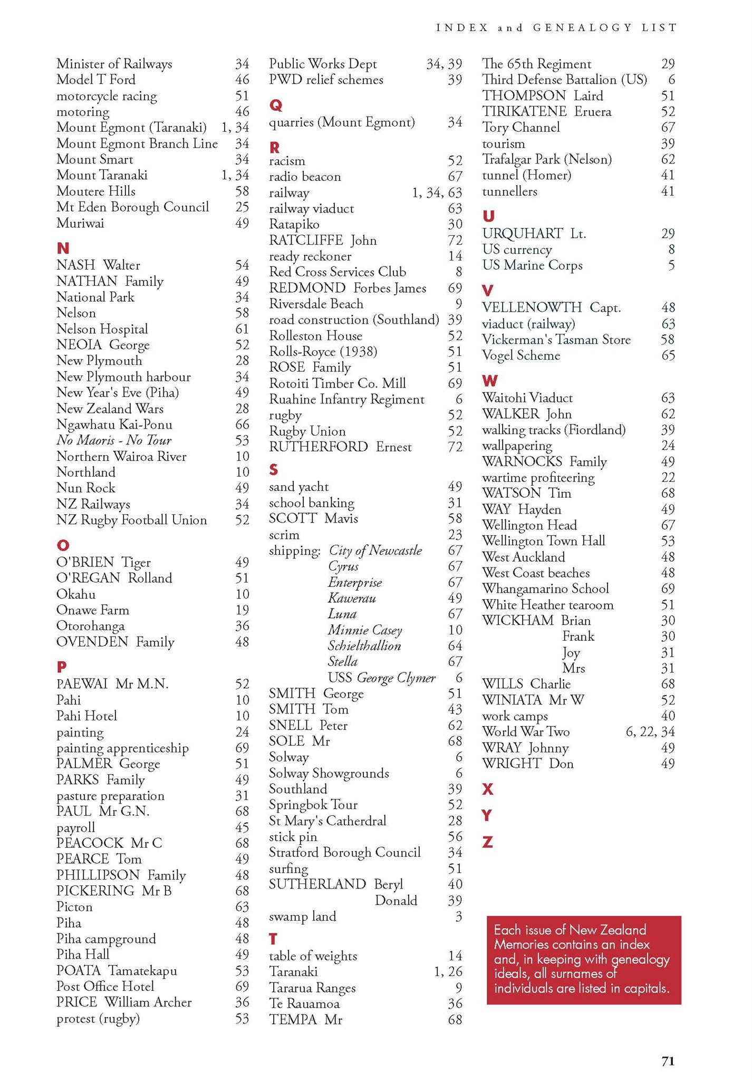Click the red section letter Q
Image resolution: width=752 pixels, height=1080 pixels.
pyautogui.click(x=275, y=105)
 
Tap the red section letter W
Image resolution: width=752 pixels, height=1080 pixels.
pyautogui.click(x=490, y=381)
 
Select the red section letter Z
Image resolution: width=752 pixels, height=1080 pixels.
pyautogui.click(x=487, y=842)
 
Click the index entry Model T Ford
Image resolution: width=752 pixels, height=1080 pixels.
pyautogui.click(x=95, y=80)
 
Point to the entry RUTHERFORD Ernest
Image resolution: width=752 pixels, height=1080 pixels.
pyautogui.click(x=340, y=447)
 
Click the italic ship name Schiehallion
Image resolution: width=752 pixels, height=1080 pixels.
pyautogui.click(x=364, y=645)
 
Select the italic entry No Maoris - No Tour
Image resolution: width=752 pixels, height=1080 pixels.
pyautogui.click(x=113, y=440)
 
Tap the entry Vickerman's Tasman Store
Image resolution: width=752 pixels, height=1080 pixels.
pyautogui.click(x=556, y=340)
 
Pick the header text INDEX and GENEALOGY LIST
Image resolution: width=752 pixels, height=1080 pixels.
pyautogui.click(x=556, y=27)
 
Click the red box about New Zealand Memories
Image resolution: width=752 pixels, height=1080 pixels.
pyautogui.click(x=583, y=959)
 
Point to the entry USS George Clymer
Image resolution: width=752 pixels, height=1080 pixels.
pyautogui.click(x=381, y=678)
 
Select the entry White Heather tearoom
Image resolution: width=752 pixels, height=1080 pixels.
pyautogui.click(x=547, y=604)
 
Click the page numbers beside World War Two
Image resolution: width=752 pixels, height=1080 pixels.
pyautogui.click(x=649, y=731)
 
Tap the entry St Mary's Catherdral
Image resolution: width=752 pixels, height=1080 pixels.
pyautogui.click(x=327, y=821)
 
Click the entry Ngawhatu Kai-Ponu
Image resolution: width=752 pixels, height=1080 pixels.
pyautogui.click(x=114, y=425)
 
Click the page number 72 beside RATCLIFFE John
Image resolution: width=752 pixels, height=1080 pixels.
pyautogui.click(x=455, y=240)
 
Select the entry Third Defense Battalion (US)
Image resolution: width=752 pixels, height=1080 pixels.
pyautogui.click(x=564, y=80)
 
